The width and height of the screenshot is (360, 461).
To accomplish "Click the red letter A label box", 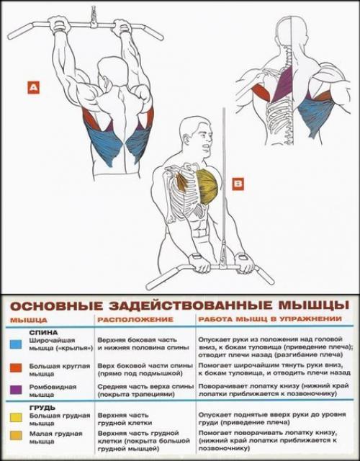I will [34, 89].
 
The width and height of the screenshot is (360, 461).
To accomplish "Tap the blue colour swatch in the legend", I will [16, 344].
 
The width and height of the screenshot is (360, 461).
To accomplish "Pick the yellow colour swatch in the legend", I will [16, 416].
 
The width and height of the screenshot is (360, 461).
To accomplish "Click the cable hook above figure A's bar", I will [93, 16].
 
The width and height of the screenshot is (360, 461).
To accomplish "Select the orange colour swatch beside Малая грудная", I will [16, 435].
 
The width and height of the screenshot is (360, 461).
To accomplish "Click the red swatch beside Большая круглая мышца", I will [16, 367].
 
